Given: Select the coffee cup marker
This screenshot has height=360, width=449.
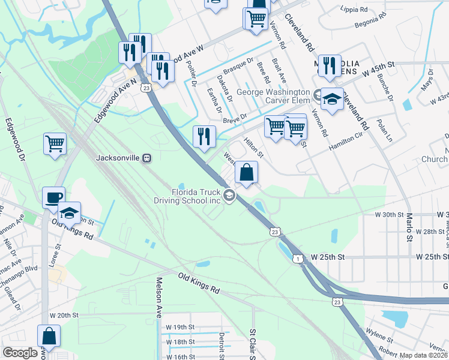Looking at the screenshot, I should point(53,197).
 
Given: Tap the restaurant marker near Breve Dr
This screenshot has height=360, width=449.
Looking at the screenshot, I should point(204,136).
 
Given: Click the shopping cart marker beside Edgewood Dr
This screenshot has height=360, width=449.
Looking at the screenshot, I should point(55,144).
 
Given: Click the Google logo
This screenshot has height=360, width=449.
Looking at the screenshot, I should point(20,353).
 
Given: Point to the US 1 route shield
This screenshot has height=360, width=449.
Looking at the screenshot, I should point(297,257).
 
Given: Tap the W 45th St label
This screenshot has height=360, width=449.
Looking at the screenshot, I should point(380,71).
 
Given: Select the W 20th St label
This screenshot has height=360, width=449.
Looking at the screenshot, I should point(64,315).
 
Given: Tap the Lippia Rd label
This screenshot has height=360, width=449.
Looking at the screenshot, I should point(354,10).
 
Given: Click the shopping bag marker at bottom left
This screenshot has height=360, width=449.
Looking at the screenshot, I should point(49,336).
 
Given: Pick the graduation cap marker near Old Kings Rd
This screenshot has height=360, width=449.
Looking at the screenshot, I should point(69,212).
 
